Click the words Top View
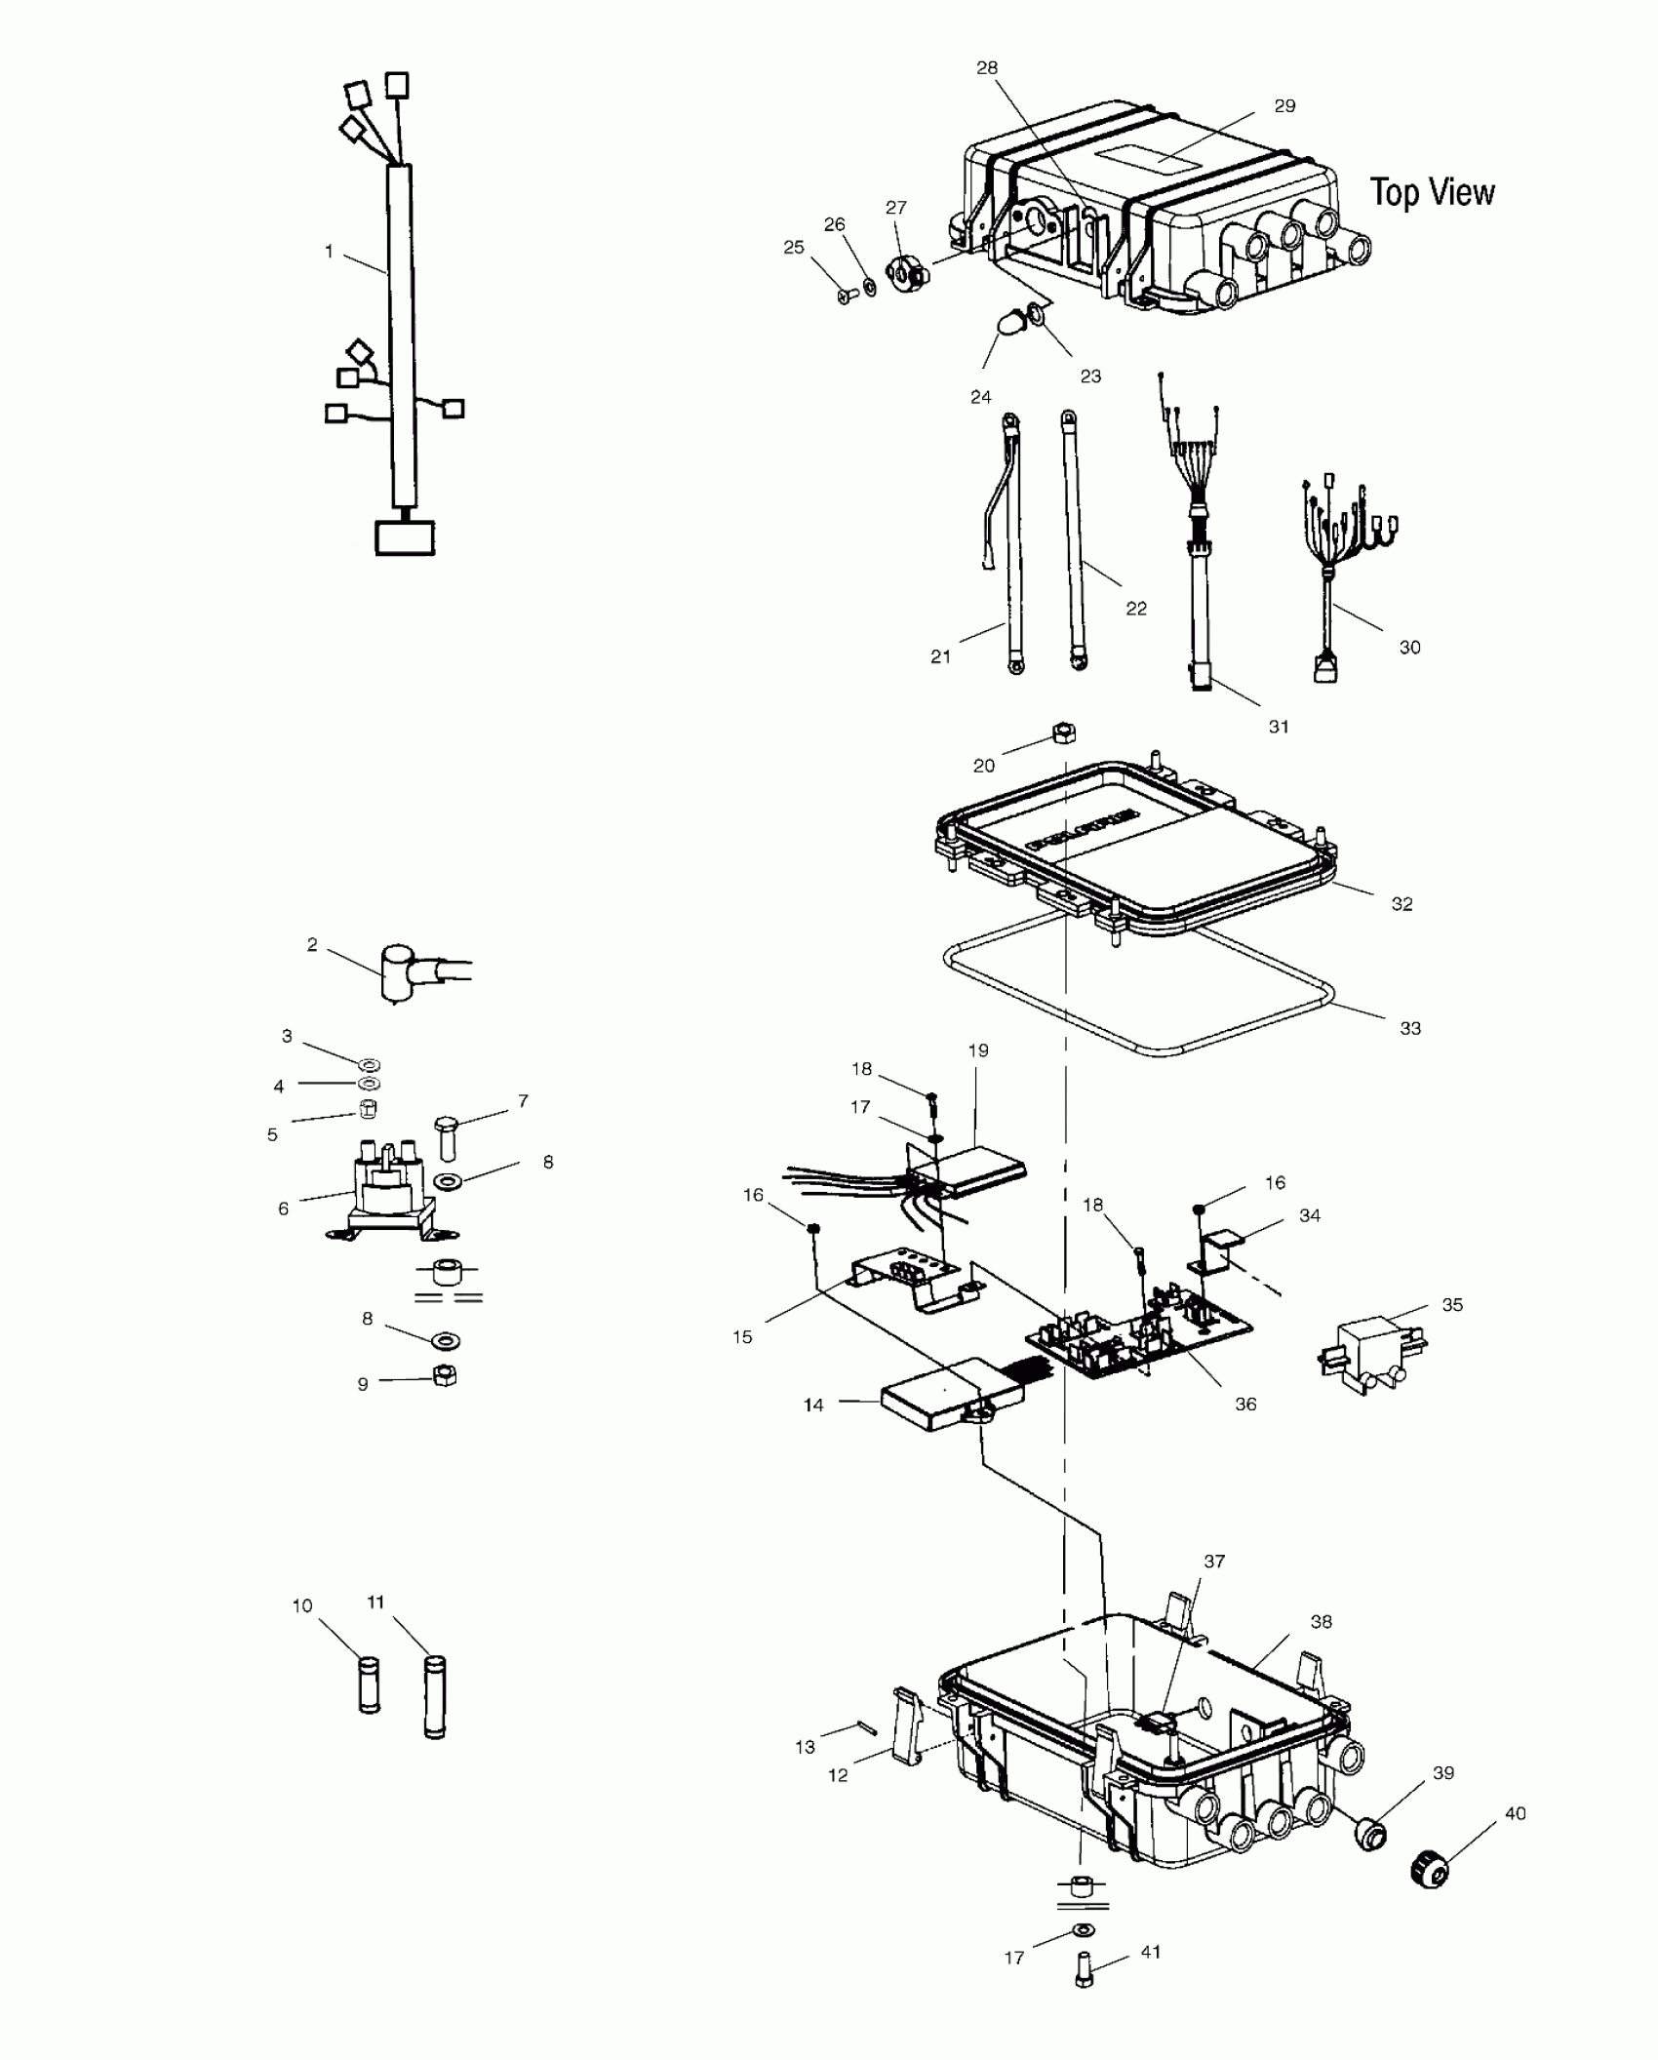pyautogui.click(x=1431, y=192)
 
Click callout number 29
pyautogui.click(x=1284, y=106)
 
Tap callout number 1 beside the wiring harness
pyautogui.click(x=329, y=252)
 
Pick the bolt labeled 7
pyautogui.click(x=447, y=1136)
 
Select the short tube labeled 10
pyautogui.click(x=369, y=1684)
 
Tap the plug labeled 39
pyautogui.click(x=1371, y=1836)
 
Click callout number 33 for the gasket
pyautogui.click(x=1409, y=1028)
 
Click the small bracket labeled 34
pyautogui.click(x=1219, y=1250)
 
